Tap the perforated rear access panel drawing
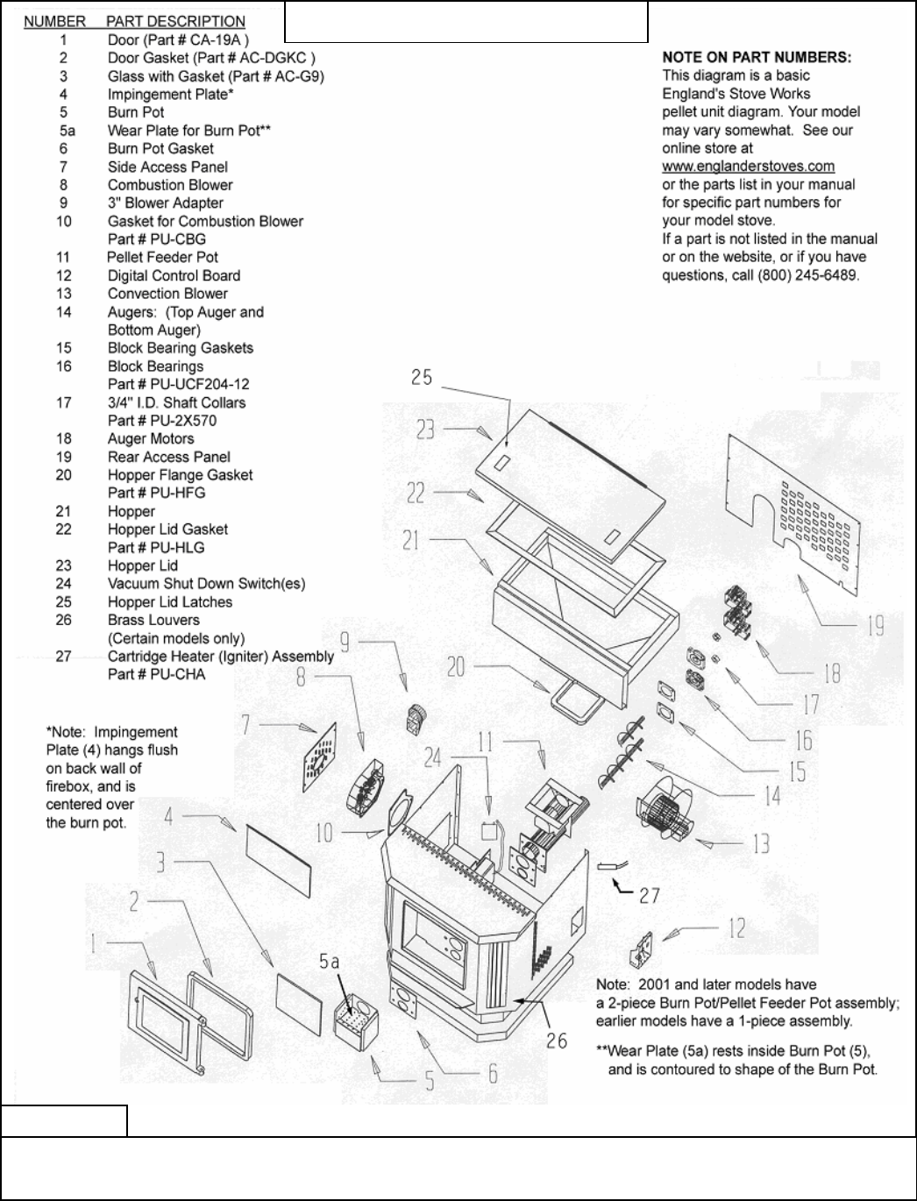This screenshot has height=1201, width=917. click(x=798, y=526)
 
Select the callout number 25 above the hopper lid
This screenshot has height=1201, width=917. click(x=422, y=377)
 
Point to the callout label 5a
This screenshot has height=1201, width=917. click(x=331, y=963)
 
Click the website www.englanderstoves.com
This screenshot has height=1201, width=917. click(x=748, y=167)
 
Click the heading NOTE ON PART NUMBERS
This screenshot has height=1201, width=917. click(x=756, y=57)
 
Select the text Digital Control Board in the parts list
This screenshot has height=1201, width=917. click(x=174, y=275)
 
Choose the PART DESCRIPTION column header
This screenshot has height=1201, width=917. click(x=175, y=21)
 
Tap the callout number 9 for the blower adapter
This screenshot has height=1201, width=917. click(x=345, y=643)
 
